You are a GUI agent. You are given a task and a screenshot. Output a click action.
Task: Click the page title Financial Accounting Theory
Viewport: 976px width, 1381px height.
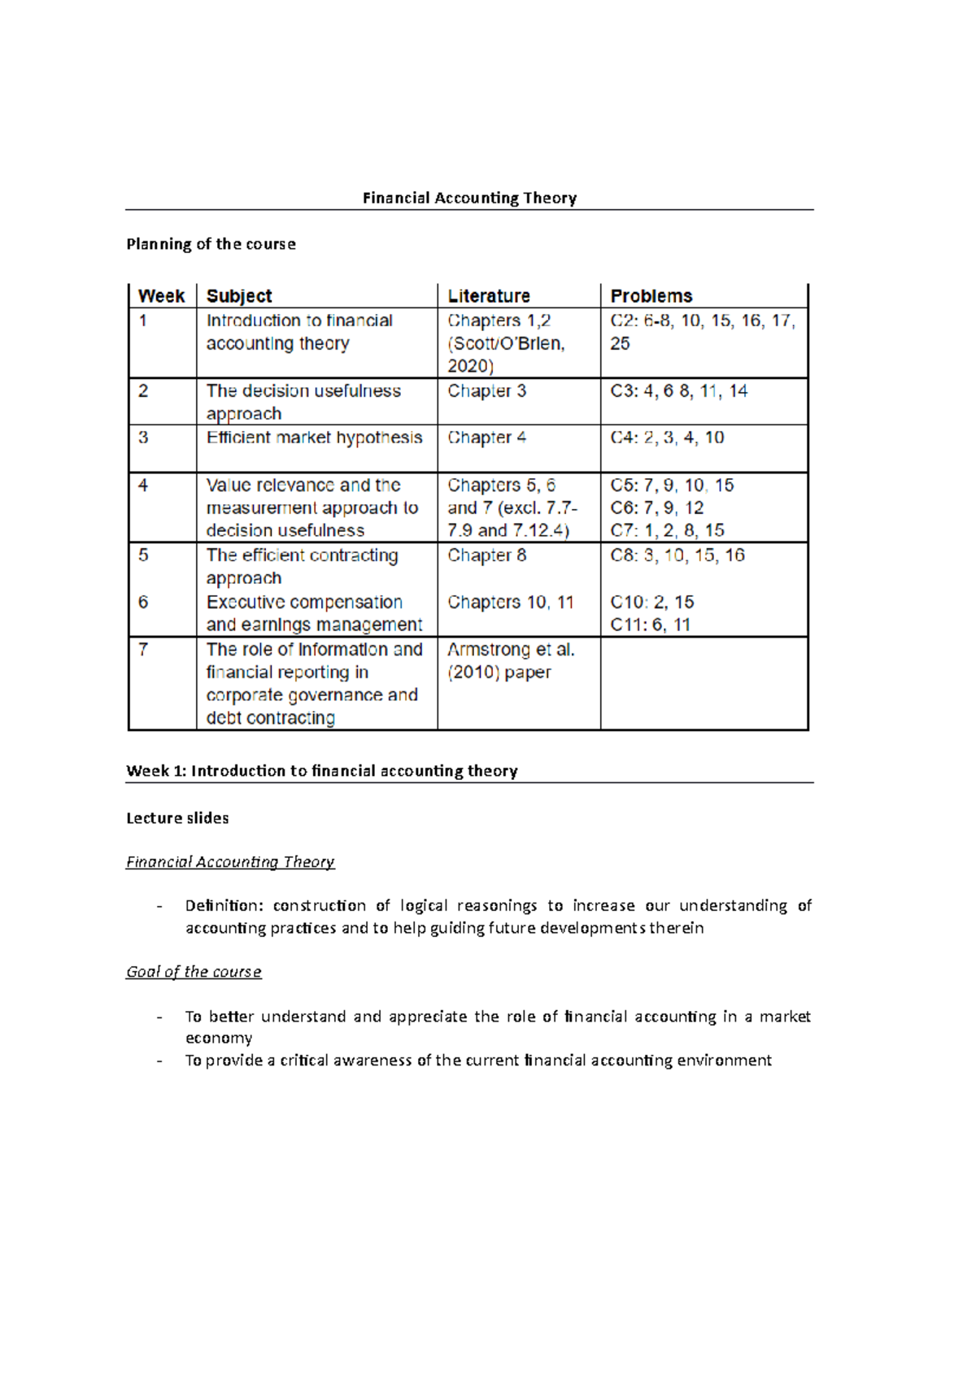pos(469,198)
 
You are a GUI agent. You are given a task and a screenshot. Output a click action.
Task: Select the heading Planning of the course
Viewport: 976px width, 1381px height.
pos(211,244)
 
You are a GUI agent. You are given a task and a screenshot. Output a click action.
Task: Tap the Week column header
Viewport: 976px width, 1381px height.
pos(161,296)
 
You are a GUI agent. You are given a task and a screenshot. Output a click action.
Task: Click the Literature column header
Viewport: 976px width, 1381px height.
pos(489,296)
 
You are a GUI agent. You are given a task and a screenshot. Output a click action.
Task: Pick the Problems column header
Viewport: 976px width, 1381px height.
pos(651,296)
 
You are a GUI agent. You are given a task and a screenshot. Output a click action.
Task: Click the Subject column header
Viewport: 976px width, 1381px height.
pos(239,296)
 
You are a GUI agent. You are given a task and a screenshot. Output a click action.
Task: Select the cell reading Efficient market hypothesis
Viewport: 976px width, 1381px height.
pos(314,438)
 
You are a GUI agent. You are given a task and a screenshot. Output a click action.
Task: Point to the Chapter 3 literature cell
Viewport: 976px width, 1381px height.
pos(486,391)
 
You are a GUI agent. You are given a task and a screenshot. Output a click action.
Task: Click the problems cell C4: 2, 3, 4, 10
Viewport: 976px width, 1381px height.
pos(667,438)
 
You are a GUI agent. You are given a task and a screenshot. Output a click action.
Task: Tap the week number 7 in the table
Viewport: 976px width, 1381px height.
pos(143,649)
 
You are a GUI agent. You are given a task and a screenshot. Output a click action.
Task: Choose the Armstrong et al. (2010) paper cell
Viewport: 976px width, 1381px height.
pos(510,661)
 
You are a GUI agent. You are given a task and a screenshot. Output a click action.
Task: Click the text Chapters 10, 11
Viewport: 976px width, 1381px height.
pos(510,603)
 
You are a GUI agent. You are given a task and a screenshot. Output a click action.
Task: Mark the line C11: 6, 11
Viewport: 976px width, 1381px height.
pos(650,625)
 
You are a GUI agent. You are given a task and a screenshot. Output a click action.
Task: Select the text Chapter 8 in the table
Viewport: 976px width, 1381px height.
pos(486,555)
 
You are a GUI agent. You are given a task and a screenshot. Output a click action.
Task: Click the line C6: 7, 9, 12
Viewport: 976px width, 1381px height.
pos(656,508)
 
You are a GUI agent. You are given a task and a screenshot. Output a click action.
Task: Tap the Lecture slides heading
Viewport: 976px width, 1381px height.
pos(177,818)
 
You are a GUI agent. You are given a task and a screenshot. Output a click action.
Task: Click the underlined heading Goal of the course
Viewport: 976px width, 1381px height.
pos(194,972)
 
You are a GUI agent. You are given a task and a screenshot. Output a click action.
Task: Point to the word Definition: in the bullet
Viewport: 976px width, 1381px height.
pos(224,906)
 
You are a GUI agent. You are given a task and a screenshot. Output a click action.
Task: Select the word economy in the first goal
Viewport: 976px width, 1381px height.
pos(219,1039)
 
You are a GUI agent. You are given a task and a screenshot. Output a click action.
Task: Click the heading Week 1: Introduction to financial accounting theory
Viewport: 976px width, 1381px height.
pos(321,771)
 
